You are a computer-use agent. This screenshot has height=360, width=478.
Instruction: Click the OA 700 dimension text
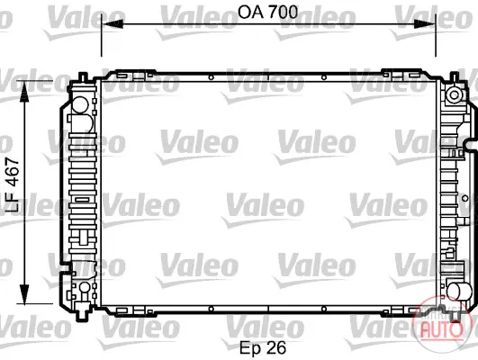(267, 13)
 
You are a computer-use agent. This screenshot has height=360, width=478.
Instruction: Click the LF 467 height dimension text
(13, 185)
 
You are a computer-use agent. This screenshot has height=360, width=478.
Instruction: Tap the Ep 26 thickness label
(263, 347)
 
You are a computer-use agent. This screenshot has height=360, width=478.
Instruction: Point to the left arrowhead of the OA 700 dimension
(112, 23)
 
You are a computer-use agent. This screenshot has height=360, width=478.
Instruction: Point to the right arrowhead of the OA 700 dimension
(425, 23)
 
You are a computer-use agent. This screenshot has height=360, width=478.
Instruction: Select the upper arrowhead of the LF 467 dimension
(23, 92)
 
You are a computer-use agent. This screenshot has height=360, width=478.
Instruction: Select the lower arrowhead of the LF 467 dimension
(23, 293)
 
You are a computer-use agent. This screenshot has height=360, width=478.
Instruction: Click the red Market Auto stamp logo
(441, 325)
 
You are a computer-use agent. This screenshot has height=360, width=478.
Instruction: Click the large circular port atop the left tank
(80, 104)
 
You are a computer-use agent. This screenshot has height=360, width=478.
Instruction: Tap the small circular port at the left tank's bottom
(85, 287)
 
